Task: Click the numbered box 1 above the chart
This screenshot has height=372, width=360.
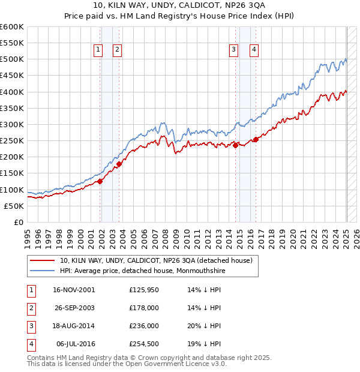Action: [97, 50]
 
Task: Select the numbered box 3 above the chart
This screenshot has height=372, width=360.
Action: [233, 50]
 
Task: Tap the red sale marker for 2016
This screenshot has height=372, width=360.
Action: [256, 139]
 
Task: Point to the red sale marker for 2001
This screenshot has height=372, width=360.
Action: [100, 181]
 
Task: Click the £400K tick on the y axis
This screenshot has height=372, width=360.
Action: [12, 92]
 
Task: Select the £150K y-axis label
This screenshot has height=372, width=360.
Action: [12, 173]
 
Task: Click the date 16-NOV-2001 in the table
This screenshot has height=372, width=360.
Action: [74, 289]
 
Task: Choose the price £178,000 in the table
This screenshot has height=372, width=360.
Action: [143, 308]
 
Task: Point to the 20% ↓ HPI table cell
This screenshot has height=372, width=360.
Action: [205, 326]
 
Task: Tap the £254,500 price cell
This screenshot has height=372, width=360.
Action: [143, 344]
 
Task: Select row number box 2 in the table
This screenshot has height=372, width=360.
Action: [30, 308]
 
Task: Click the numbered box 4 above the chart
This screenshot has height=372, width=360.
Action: [254, 50]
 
